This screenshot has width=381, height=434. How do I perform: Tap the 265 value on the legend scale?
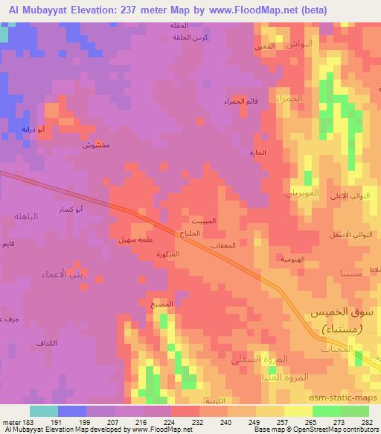(x=311, y=422)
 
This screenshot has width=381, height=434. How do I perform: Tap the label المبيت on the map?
(x=202, y=221)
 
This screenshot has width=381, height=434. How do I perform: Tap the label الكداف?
(x=46, y=344)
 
